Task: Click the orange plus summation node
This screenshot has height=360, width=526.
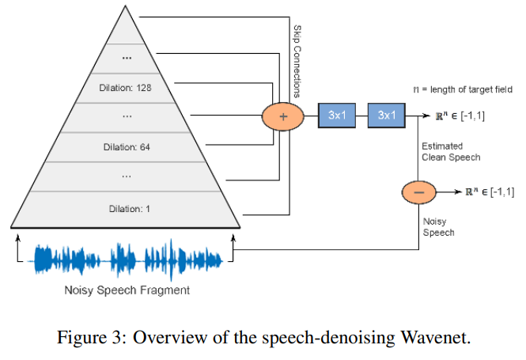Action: (x=284, y=116)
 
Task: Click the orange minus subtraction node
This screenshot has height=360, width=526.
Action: (x=419, y=192)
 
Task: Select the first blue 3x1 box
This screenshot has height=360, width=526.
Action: (x=337, y=116)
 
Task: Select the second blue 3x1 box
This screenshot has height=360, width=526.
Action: (x=386, y=116)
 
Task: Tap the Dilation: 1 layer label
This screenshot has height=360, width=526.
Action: (x=127, y=208)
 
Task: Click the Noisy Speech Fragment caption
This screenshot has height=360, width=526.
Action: (x=127, y=290)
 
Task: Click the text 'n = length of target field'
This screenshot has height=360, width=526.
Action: (x=461, y=89)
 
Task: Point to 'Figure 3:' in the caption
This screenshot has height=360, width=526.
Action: (x=88, y=338)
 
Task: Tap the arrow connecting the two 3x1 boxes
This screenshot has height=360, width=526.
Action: (x=361, y=116)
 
